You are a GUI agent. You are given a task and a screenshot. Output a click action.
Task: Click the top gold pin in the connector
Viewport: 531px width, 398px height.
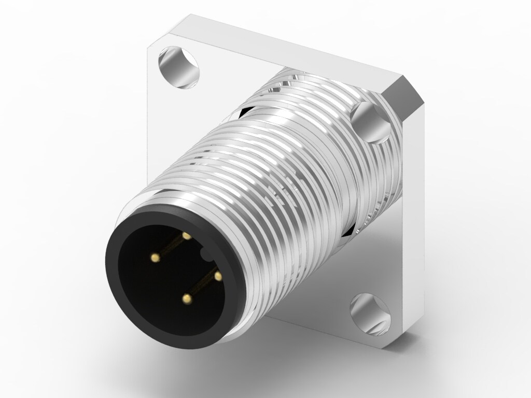(187, 236)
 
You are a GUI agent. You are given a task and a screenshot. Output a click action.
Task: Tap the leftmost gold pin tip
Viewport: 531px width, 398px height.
(155, 256)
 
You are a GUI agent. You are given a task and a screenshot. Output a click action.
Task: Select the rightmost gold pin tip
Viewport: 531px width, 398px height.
(218, 276)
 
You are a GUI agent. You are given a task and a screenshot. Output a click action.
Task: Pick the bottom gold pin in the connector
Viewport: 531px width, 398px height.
(186, 298)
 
